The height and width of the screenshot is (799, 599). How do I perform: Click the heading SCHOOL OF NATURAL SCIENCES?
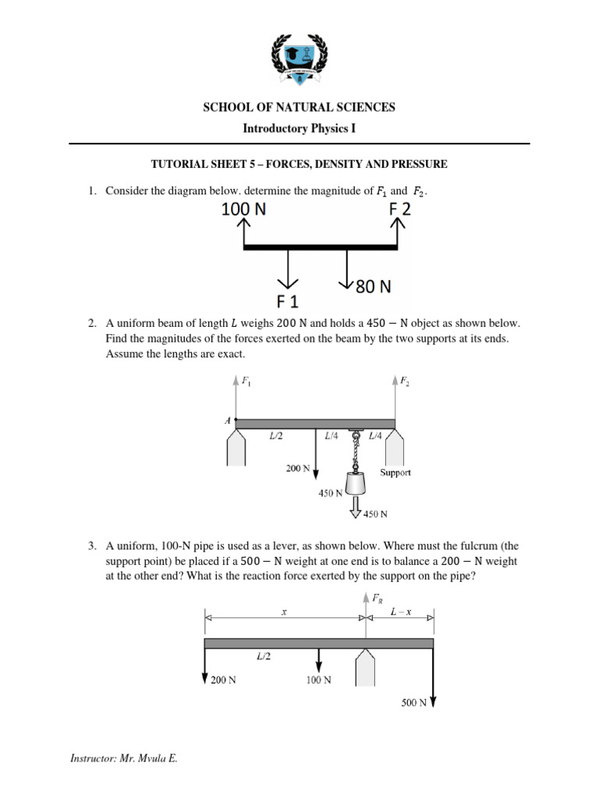[x=299, y=107]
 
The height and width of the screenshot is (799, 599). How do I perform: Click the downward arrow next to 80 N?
[x=347, y=270]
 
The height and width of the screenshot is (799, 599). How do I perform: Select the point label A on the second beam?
[x=229, y=420]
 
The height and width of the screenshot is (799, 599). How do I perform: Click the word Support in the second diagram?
[x=395, y=473]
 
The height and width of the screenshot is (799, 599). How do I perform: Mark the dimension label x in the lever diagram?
[x=284, y=613]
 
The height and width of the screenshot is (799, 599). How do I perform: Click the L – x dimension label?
[x=400, y=613]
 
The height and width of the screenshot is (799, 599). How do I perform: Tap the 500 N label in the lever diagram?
[x=413, y=702]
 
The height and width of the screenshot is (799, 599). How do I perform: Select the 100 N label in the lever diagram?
[x=317, y=680]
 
